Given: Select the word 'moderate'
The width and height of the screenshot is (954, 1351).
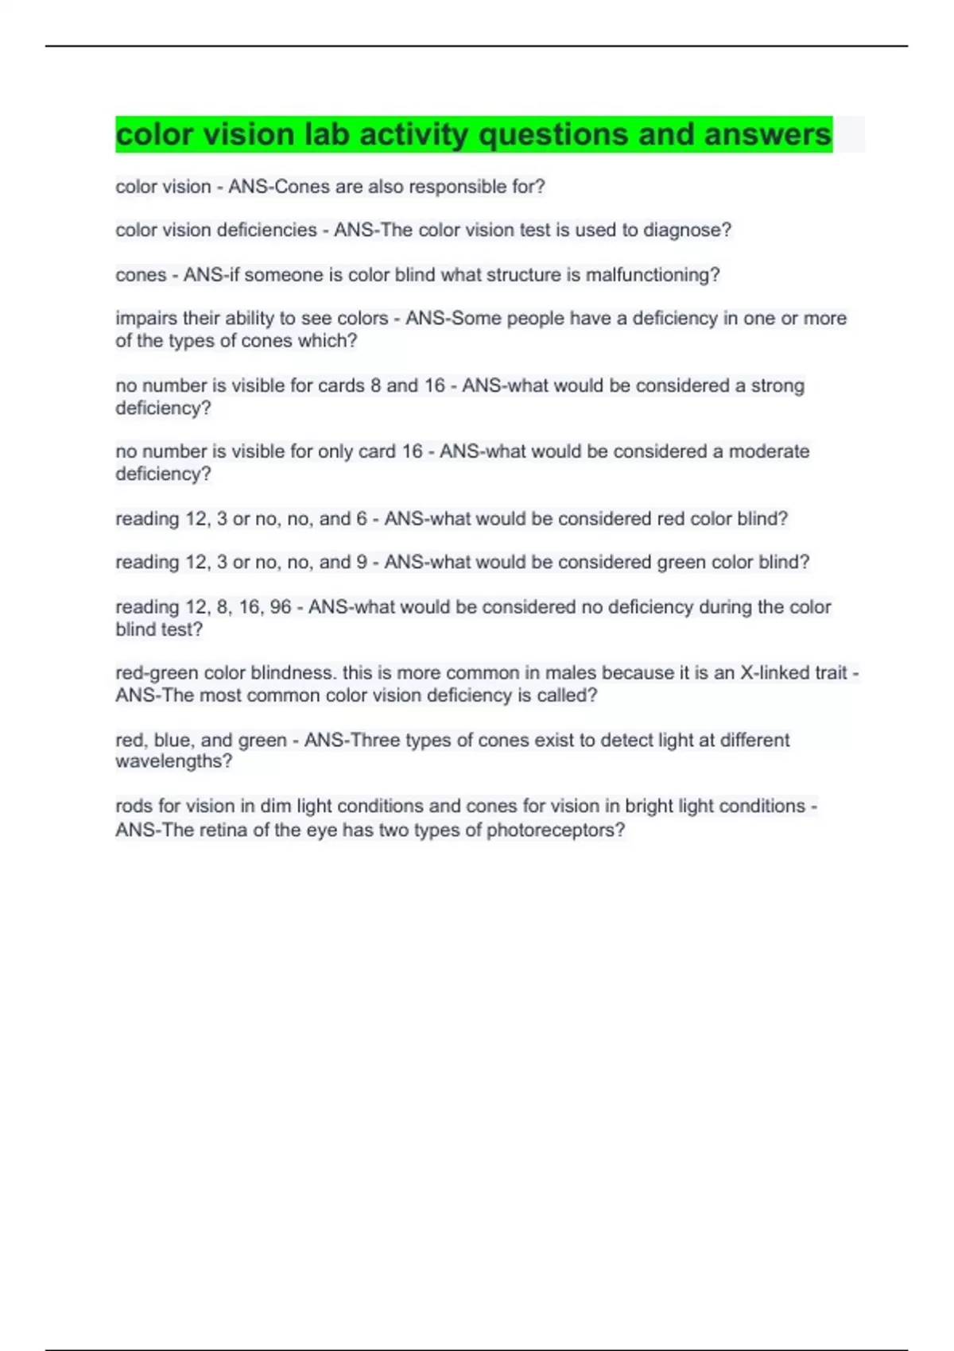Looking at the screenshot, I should coord(769,451).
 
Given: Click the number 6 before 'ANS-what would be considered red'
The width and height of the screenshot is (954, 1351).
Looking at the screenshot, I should coord(362,519).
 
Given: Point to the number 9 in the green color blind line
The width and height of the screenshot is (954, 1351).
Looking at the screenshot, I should coord(362,563).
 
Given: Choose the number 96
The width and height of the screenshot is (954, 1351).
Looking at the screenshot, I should coord(281,607).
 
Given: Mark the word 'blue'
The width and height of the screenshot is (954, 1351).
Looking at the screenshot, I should coord(173,740).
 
